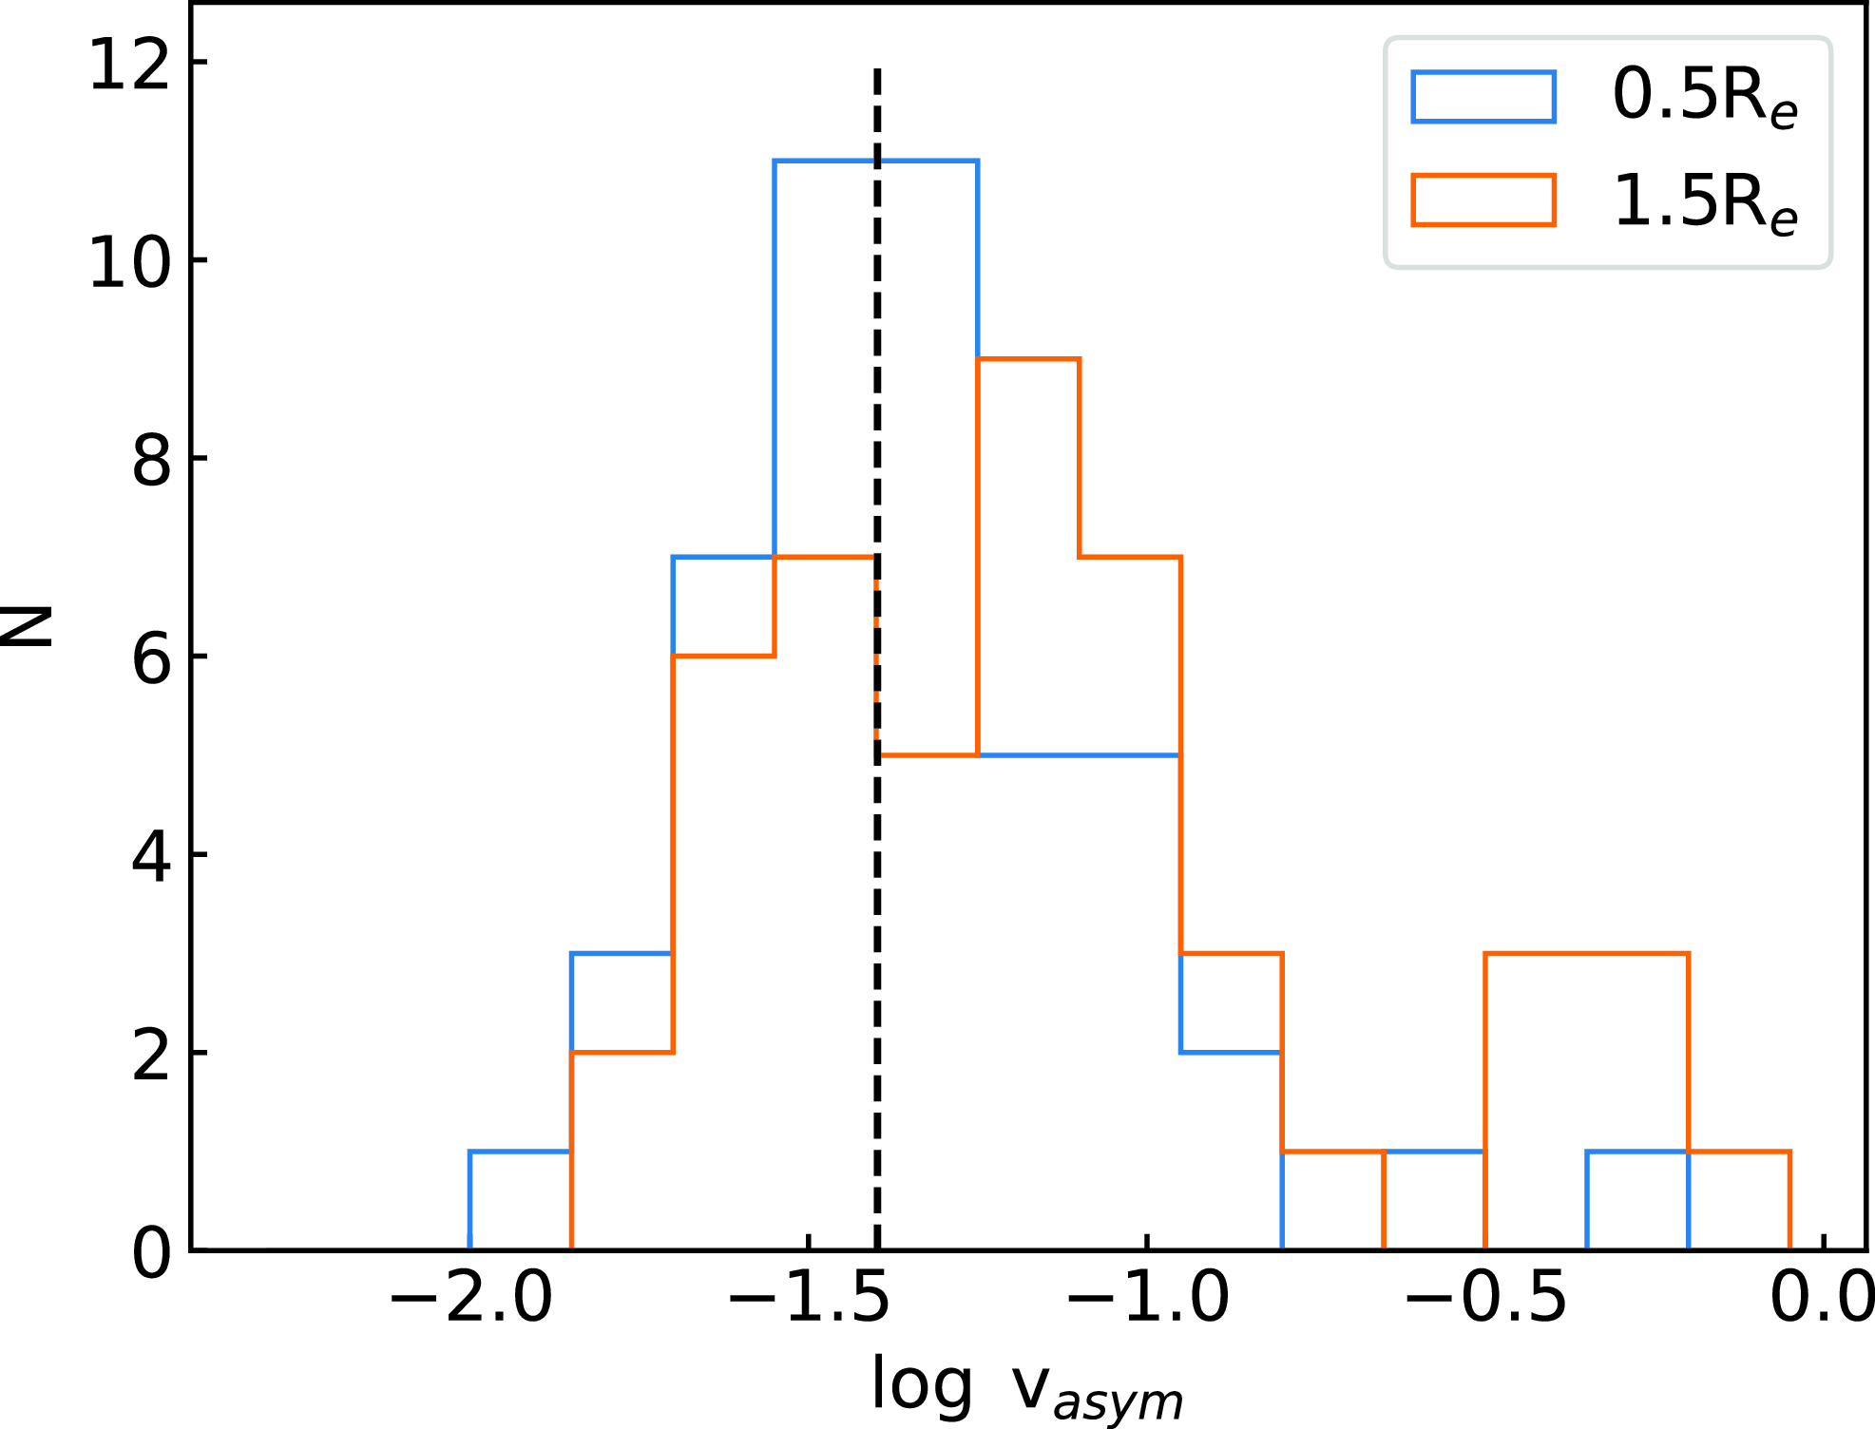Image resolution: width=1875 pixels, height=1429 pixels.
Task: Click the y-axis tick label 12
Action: click(129, 67)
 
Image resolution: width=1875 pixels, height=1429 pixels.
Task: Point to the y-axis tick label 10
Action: click(129, 263)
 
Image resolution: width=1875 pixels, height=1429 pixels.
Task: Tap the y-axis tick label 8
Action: click(151, 463)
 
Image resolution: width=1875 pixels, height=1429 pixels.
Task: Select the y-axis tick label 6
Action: click(151, 660)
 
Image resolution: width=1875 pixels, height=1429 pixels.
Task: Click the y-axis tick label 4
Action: click(151, 858)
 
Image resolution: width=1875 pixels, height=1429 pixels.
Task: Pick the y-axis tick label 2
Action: click(151, 1057)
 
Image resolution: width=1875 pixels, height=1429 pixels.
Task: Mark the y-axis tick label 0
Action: click(151, 1253)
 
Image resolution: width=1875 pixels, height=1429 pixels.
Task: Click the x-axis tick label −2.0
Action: click(471, 1299)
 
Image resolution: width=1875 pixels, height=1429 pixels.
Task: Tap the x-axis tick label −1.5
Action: click(809, 1299)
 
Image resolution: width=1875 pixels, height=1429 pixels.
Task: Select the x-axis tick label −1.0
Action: click(1148, 1299)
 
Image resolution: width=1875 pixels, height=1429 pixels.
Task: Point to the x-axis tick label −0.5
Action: click(1485, 1299)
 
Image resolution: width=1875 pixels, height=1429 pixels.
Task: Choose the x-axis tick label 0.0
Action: click(1820, 1299)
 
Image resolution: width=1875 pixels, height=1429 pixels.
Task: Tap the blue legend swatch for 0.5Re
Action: click(1483, 97)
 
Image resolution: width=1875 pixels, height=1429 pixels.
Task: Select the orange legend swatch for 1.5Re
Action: click(1483, 200)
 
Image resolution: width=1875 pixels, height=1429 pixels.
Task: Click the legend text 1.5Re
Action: click(1705, 202)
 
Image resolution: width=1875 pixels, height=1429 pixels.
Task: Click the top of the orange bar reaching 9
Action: click(1028, 359)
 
